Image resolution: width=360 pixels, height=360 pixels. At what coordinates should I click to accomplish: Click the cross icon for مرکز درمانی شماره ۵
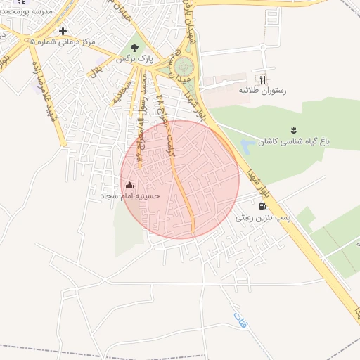pos(63,31)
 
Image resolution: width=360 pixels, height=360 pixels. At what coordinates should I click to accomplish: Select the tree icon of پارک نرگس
pos(135,48)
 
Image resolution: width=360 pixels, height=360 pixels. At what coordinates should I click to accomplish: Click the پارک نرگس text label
pos(135,59)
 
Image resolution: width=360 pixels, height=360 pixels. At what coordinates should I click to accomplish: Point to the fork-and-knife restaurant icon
pos(263,80)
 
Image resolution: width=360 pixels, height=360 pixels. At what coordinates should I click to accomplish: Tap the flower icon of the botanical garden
pos(293,130)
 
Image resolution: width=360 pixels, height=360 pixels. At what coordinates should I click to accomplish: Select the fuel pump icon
pos(263,207)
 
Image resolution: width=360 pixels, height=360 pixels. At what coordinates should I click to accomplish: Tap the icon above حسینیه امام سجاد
pos(129,186)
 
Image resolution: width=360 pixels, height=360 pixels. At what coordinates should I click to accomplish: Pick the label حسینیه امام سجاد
pos(130,196)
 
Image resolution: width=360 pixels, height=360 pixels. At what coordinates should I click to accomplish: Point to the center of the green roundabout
pos(184,67)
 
